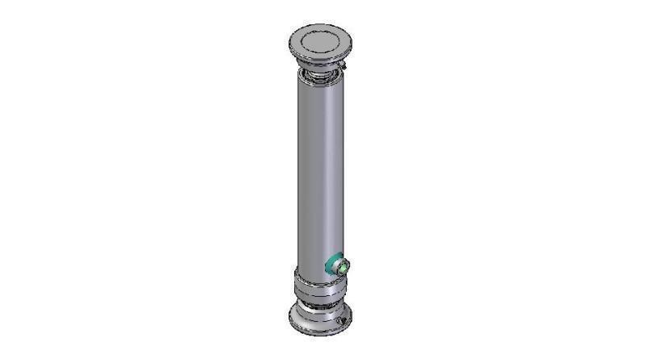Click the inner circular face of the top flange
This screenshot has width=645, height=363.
point(318,41)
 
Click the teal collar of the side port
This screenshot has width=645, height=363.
point(332,265)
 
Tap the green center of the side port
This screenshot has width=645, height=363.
point(342,265)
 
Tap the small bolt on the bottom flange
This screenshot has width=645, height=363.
point(342,323)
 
